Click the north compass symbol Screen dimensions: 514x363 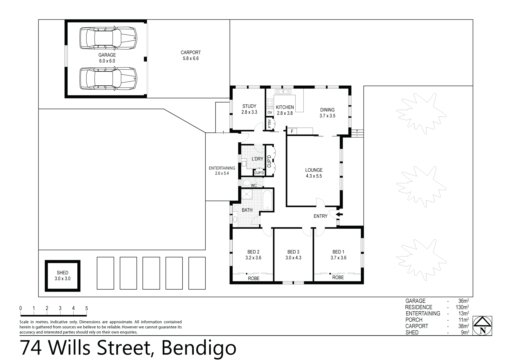coord(482,326)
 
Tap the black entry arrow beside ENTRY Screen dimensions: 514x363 coord(339,214)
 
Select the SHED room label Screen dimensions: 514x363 coord(62,275)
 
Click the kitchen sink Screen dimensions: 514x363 coord(283,92)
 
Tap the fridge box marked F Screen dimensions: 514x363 coord(292,131)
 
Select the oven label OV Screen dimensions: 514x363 coord(270,112)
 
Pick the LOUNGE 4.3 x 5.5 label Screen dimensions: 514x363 coord(314,173)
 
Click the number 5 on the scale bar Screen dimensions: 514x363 coord(86,308)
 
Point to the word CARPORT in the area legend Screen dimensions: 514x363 coord(417,326)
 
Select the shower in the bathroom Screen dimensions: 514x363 coord(247,194)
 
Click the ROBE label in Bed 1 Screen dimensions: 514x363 coord(338,277)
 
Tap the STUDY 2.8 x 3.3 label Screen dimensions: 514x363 coord(249,109)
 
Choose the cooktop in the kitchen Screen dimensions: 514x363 coord(270,103)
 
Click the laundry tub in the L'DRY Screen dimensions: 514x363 coord(244,163)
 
